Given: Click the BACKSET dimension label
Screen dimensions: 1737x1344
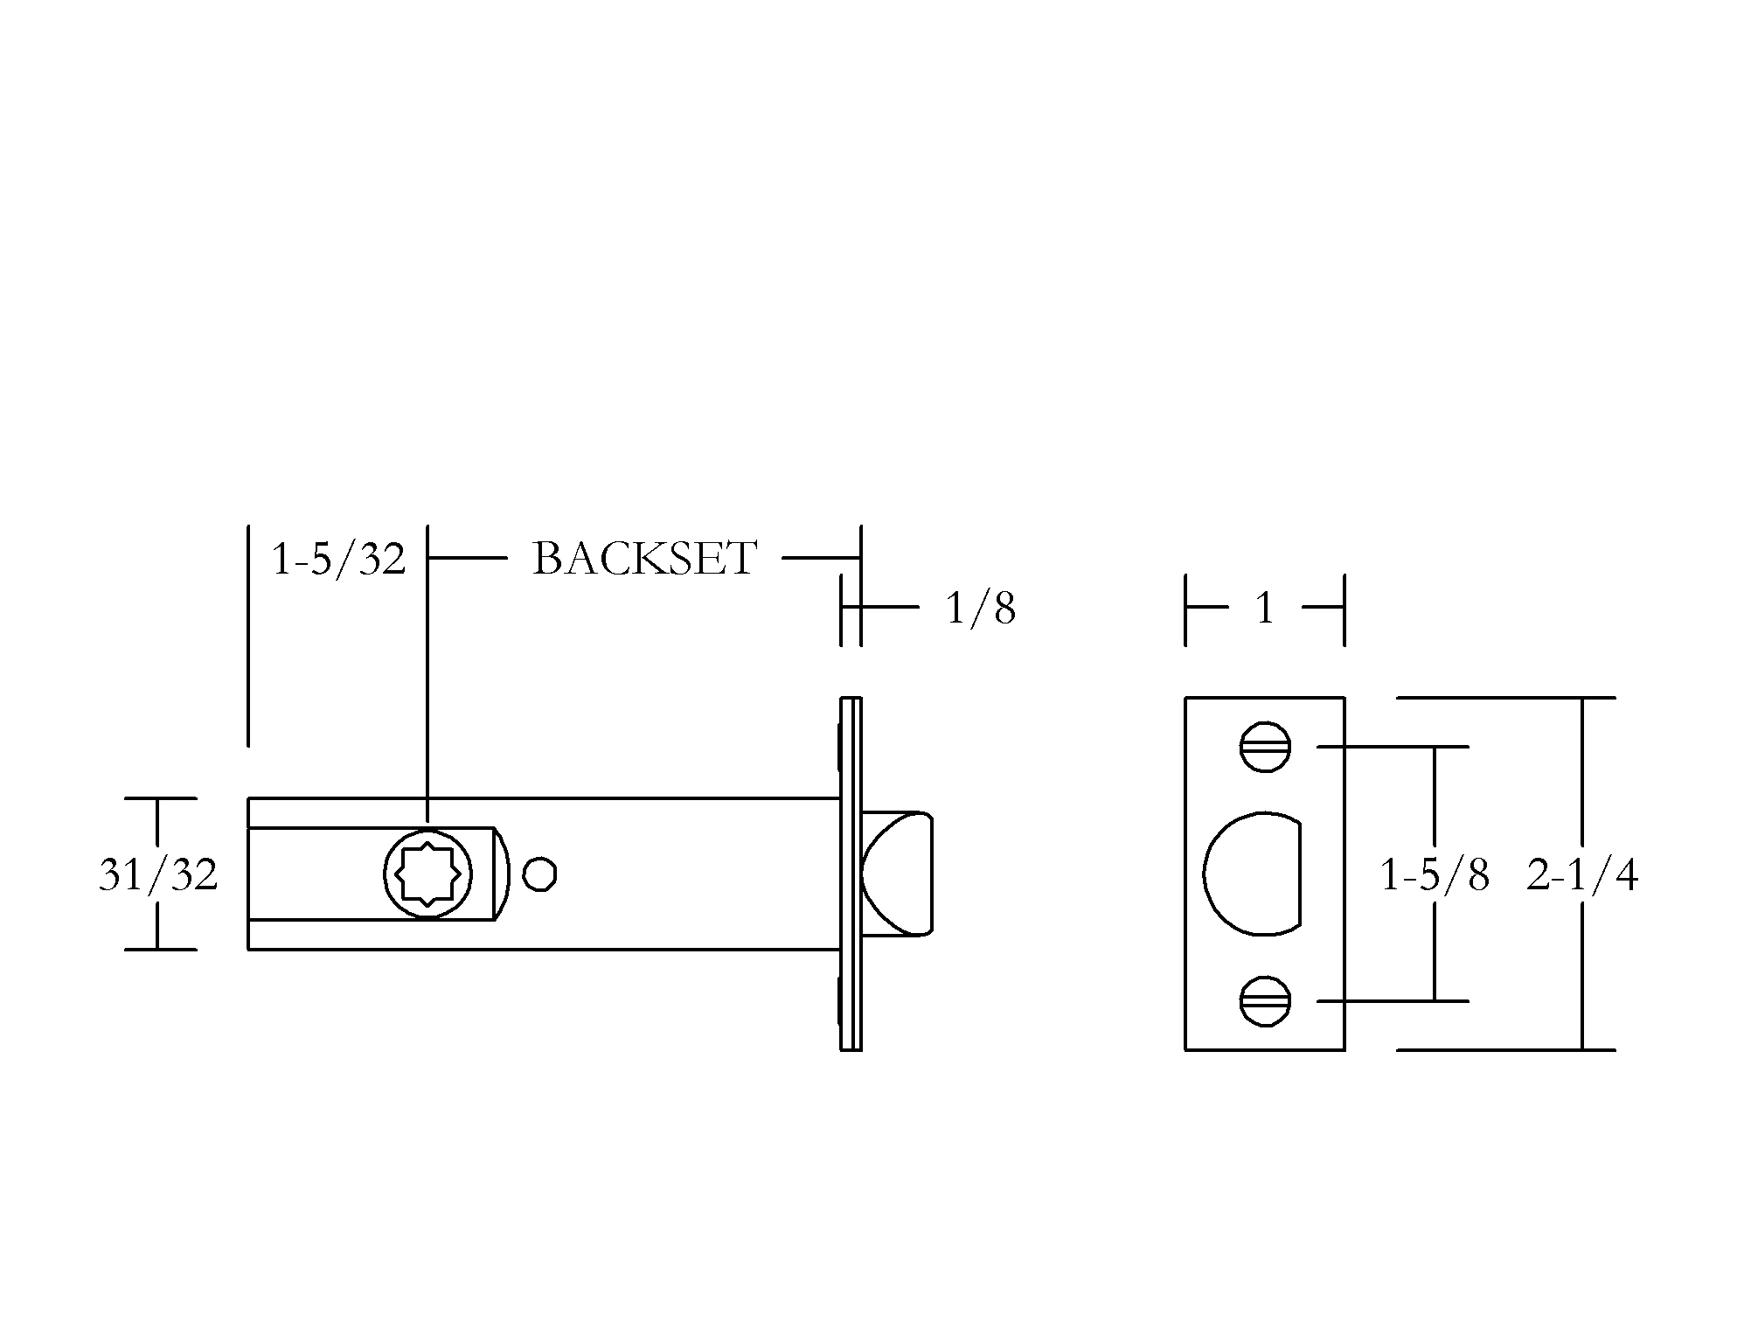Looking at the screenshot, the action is [x=644, y=558].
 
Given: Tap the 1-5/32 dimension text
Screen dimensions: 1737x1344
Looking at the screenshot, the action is [x=338, y=559].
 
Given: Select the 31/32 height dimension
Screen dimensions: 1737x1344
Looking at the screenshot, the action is [x=158, y=874].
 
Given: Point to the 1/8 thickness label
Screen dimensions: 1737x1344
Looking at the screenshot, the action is [x=981, y=608].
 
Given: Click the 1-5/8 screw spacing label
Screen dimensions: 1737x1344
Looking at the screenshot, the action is [x=1434, y=874].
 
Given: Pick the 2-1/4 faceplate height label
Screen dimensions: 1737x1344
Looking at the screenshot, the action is [x=1582, y=874].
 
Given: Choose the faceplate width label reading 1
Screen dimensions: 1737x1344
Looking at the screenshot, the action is [x=1265, y=608].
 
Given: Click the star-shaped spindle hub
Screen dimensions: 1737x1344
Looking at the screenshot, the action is [x=428, y=874].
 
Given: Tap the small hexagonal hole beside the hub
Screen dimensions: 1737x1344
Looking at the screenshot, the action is [x=540, y=874].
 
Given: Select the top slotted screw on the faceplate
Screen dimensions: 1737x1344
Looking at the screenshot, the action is [x=1265, y=747].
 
